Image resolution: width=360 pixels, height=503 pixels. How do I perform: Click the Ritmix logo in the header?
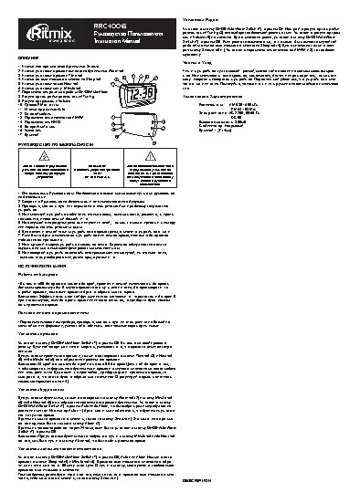40,14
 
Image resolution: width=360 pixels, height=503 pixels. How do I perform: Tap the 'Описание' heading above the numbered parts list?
28,56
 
